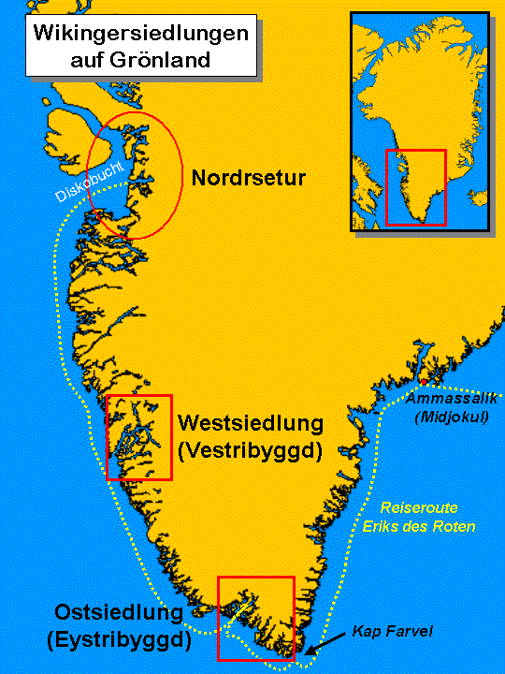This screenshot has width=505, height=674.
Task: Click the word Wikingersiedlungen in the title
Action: pos(141,35)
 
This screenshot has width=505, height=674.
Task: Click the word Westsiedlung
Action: pos(250,423)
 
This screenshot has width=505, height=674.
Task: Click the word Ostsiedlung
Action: pos(117,614)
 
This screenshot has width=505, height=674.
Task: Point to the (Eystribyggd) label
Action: pos(117,640)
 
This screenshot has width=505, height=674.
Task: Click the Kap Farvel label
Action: pos(394,632)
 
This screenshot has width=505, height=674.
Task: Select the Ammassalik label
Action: pos(451,400)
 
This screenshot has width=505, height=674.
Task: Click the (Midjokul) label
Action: pos(451,417)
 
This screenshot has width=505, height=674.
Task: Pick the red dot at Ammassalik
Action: pos(424,383)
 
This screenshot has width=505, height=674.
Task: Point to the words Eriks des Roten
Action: pos(419,526)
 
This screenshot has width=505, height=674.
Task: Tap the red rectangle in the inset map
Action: pos(416,187)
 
